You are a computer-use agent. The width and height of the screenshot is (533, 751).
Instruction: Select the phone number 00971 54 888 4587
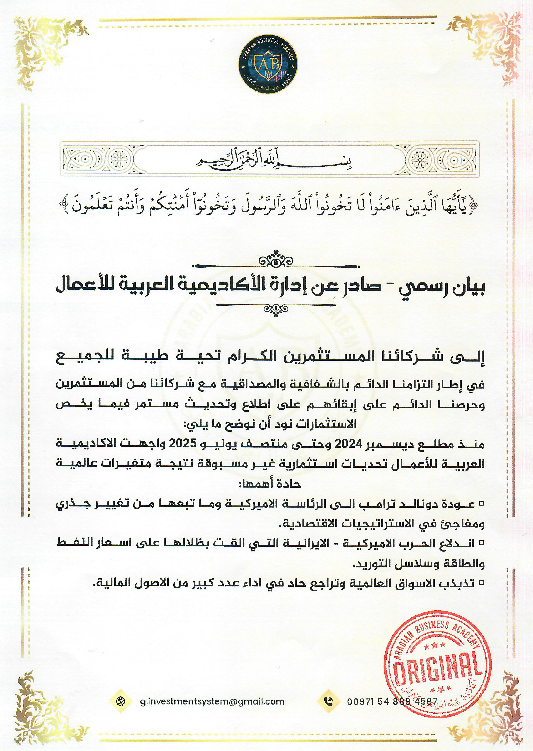pyautogui.click(x=392, y=701)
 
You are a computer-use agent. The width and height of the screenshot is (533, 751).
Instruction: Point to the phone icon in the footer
pyautogui.click(x=328, y=701)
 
